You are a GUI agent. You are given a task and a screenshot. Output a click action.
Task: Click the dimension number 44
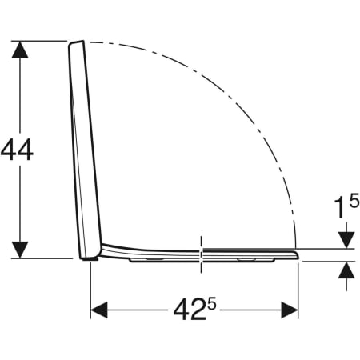pyautogui.click(x=17, y=150)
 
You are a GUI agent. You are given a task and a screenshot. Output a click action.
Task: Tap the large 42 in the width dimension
pyautogui.click(x=190, y=310)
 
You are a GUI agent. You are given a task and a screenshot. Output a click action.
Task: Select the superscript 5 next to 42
pyautogui.click(x=212, y=304)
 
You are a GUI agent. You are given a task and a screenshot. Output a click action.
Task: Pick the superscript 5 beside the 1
pyautogui.click(x=354, y=202)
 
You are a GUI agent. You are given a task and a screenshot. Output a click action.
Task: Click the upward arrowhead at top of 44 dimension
pyautogui.click(x=20, y=50)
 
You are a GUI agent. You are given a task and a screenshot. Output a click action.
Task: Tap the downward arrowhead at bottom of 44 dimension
pyautogui.click(x=20, y=250)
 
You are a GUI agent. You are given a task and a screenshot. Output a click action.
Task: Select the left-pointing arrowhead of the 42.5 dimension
pyautogui.click(x=99, y=310)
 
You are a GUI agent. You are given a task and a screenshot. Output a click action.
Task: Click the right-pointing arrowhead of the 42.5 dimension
pyautogui.click(x=290, y=310)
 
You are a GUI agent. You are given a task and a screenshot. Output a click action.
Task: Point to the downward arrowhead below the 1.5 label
pyautogui.click(x=346, y=240)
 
